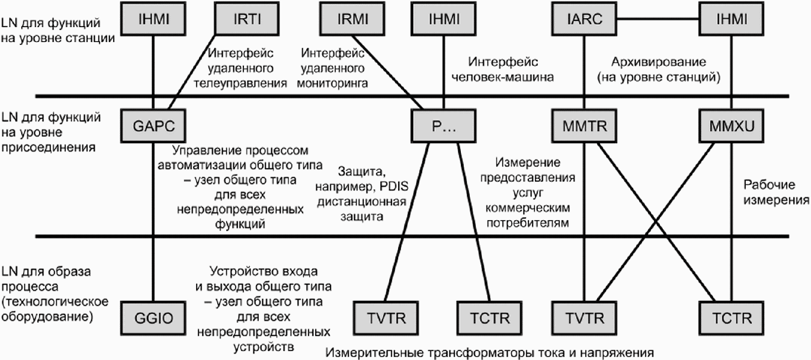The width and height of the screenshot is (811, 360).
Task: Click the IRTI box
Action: click(x=247, y=19)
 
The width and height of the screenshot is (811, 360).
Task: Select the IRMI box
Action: click(x=353, y=19)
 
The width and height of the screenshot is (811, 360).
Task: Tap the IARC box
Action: click(x=584, y=19)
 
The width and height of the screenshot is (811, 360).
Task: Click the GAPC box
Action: click(x=154, y=125)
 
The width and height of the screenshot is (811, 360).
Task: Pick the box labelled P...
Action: click(x=444, y=125)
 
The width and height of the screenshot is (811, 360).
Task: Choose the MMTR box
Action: click(x=584, y=125)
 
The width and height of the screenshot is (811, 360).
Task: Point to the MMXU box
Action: click(x=731, y=125)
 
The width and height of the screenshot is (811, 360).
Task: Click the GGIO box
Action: click(x=154, y=318)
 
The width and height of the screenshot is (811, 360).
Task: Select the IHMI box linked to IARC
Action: click(x=731, y=19)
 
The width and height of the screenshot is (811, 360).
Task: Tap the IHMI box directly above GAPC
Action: click(x=154, y=19)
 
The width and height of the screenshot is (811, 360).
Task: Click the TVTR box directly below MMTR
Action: click(x=584, y=318)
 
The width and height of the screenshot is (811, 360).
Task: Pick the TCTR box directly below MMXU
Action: click(x=731, y=318)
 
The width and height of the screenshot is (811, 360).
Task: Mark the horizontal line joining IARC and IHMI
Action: click(x=658, y=19)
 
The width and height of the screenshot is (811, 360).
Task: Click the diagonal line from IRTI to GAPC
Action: click(x=192, y=72)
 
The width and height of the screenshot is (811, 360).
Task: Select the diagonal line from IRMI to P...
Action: click(x=388, y=72)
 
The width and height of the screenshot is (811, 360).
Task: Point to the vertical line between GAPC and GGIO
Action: click(x=154, y=222)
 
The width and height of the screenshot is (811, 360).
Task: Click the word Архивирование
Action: click(x=658, y=62)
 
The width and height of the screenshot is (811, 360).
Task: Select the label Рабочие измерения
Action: click(x=776, y=192)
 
